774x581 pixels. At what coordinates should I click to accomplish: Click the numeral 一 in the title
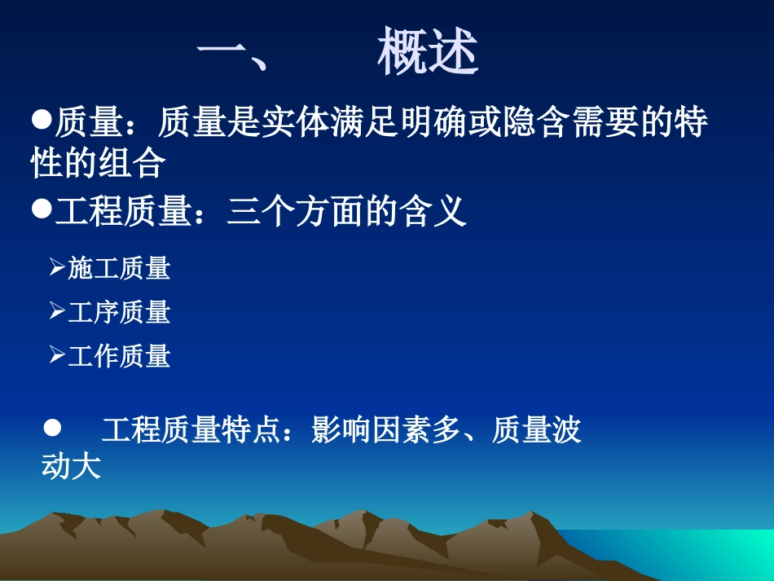click(x=223, y=54)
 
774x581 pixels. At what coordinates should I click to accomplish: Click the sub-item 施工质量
click(x=119, y=268)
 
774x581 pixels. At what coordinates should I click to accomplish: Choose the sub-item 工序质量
click(x=119, y=312)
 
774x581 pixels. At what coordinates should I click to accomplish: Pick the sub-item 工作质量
click(x=119, y=356)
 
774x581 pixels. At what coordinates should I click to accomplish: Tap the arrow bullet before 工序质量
click(x=57, y=310)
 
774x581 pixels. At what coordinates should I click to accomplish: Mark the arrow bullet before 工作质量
click(x=57, y=354)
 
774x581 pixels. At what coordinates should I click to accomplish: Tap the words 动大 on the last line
click(x=71, y=467)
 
